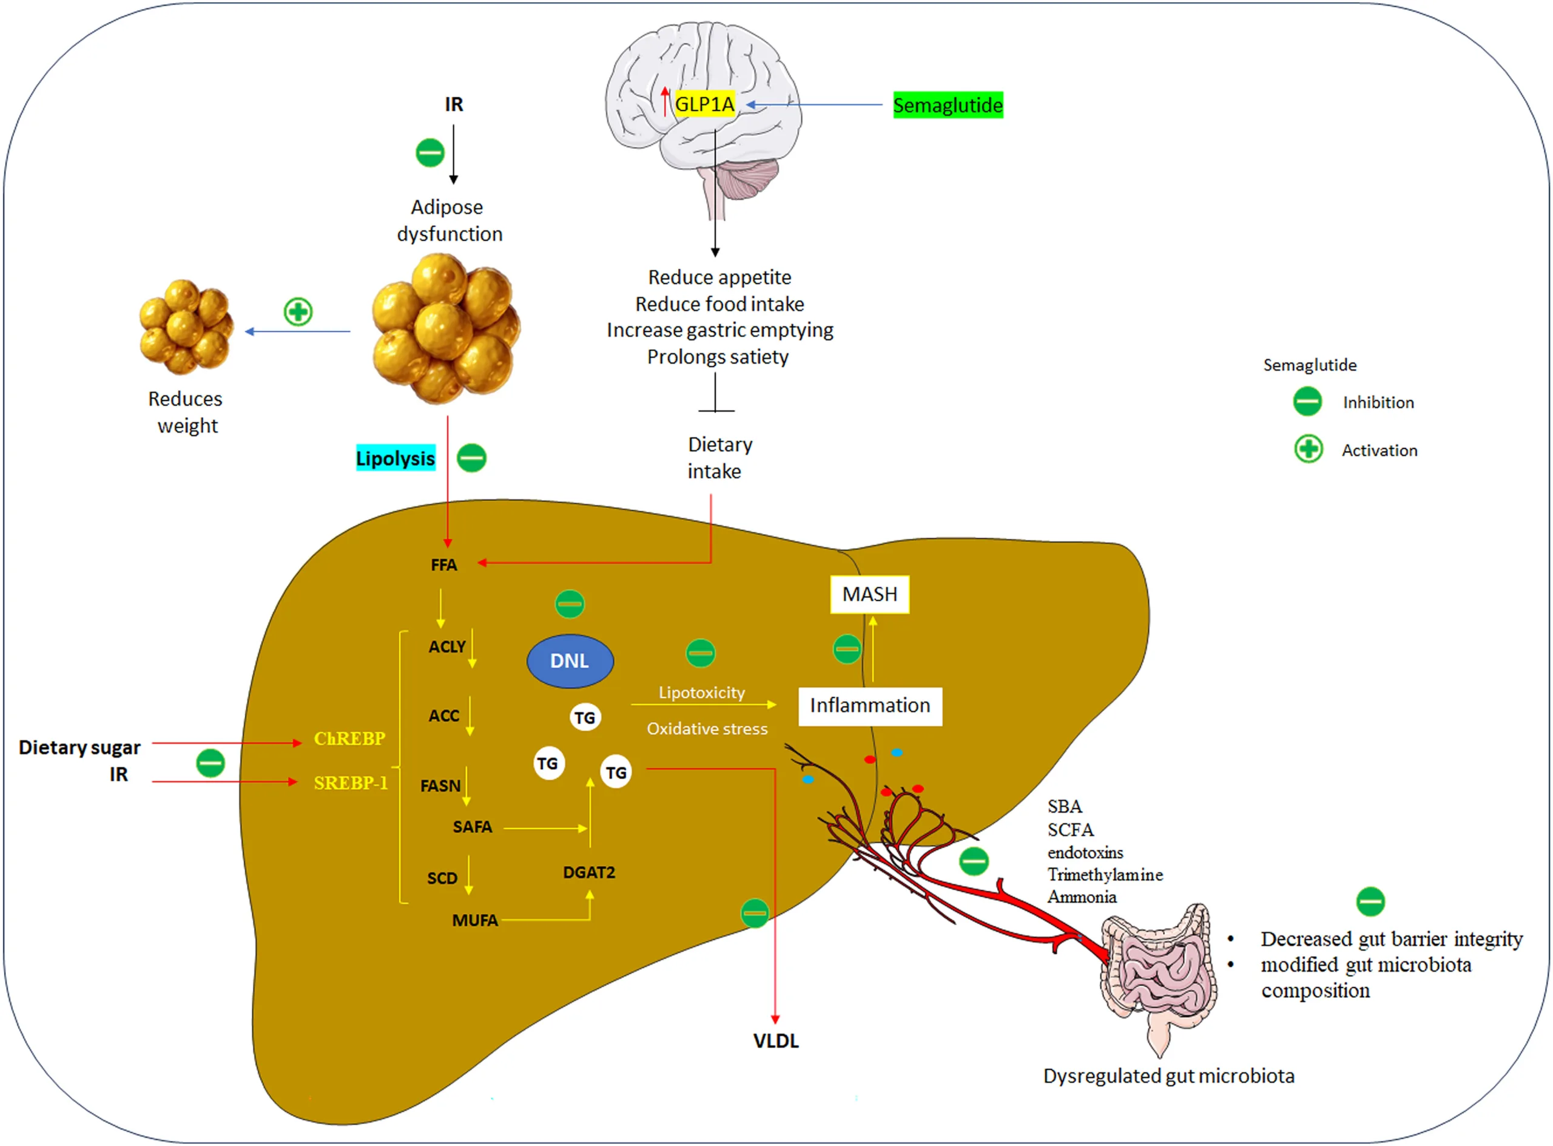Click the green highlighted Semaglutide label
tap(947, 106)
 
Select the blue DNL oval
tap(570, 661)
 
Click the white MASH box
tap(869, 594)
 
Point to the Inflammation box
tap(870, 706)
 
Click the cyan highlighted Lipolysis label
tap(395, 458)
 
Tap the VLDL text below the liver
tap(776, 1041)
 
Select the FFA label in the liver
tap(443, 565)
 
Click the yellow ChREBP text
tap(349, 739)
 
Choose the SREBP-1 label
tap(350, 783)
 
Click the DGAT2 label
tap(588, 873)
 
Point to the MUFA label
tap(475, 921)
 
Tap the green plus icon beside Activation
tap(1309, 450)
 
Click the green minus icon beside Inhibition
tap(1307, 402)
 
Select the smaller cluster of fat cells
tap(186, 326)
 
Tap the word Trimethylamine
tap(1105, 875)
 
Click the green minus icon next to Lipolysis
tap(472, 458)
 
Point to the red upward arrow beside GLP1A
tap(665, 101)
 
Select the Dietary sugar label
tap(79, 748)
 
